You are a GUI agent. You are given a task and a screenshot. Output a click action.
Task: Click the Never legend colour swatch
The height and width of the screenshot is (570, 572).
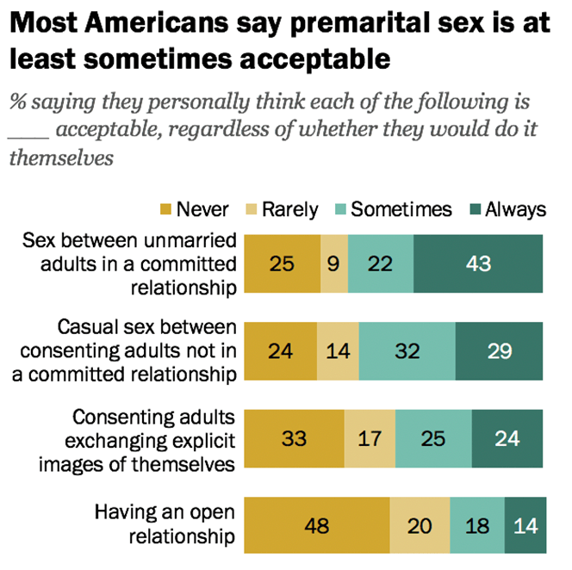pos(166,209)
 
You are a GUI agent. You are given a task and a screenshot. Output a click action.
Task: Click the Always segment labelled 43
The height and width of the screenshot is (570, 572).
pos(478,263)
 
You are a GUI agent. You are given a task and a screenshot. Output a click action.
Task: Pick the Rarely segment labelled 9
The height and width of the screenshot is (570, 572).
pos(334,263)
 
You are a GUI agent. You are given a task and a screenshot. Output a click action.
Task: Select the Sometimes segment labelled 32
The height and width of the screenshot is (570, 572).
pos(407,351)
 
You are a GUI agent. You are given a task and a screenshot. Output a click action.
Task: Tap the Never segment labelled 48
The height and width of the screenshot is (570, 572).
pos(317,526)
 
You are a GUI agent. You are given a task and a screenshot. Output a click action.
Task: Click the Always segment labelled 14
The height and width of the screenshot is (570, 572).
pos(524,526)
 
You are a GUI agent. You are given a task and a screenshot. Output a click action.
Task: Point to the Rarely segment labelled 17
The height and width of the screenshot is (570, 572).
pos(370,438)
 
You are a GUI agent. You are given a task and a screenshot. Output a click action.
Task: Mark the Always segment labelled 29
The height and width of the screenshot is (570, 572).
pos(499,351)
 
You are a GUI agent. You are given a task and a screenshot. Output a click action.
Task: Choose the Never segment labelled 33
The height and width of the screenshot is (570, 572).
pos(295,438)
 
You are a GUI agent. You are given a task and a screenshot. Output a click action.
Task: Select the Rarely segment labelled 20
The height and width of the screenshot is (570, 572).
pos(420,526)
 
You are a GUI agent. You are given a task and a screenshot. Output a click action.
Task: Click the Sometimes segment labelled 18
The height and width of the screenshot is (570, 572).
pos(477,526)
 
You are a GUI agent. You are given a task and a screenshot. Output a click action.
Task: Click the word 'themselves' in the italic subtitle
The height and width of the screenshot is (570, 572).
pos(61,158)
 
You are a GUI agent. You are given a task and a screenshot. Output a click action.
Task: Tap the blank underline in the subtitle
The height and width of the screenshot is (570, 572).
pos(32,136)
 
